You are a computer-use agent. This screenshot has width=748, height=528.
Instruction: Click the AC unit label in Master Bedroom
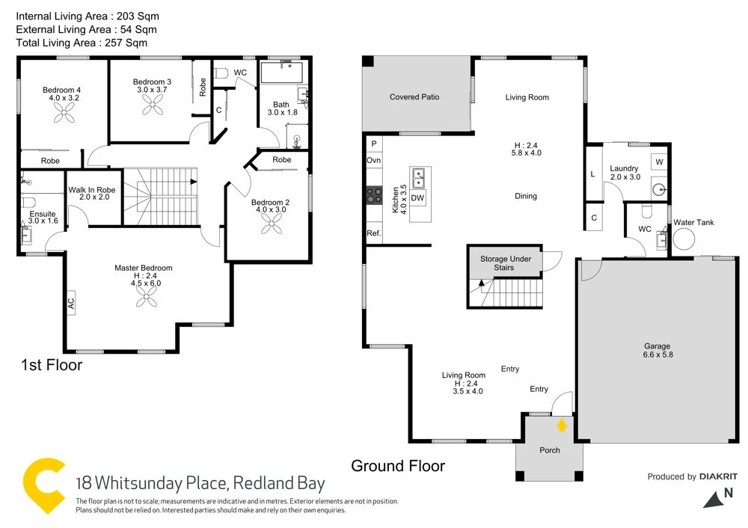click(x=71, y=304)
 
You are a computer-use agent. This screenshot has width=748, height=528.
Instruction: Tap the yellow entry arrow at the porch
click(x=561, y=426)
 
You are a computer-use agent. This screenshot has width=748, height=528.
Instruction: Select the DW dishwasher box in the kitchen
click(x=417, y=197)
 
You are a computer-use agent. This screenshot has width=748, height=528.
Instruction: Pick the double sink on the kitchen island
click(x=419, y=178)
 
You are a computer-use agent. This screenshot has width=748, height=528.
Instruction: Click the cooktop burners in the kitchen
click(x=373, y=195)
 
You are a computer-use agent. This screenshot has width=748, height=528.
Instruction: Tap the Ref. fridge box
click(x=373, y=233)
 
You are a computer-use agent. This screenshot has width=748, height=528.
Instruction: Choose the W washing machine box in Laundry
click(x=659, y=162)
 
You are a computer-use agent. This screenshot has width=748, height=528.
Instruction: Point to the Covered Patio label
click(x=414, y=97)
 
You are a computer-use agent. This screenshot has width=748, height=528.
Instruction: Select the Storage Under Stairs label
click(x=506, y=263)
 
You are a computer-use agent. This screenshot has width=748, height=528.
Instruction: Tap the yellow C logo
click(x=44, y=484)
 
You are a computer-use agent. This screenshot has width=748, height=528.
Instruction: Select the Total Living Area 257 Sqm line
click(x=82, y=43)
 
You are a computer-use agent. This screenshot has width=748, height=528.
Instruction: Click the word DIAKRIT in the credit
click(x=718, y=476)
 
